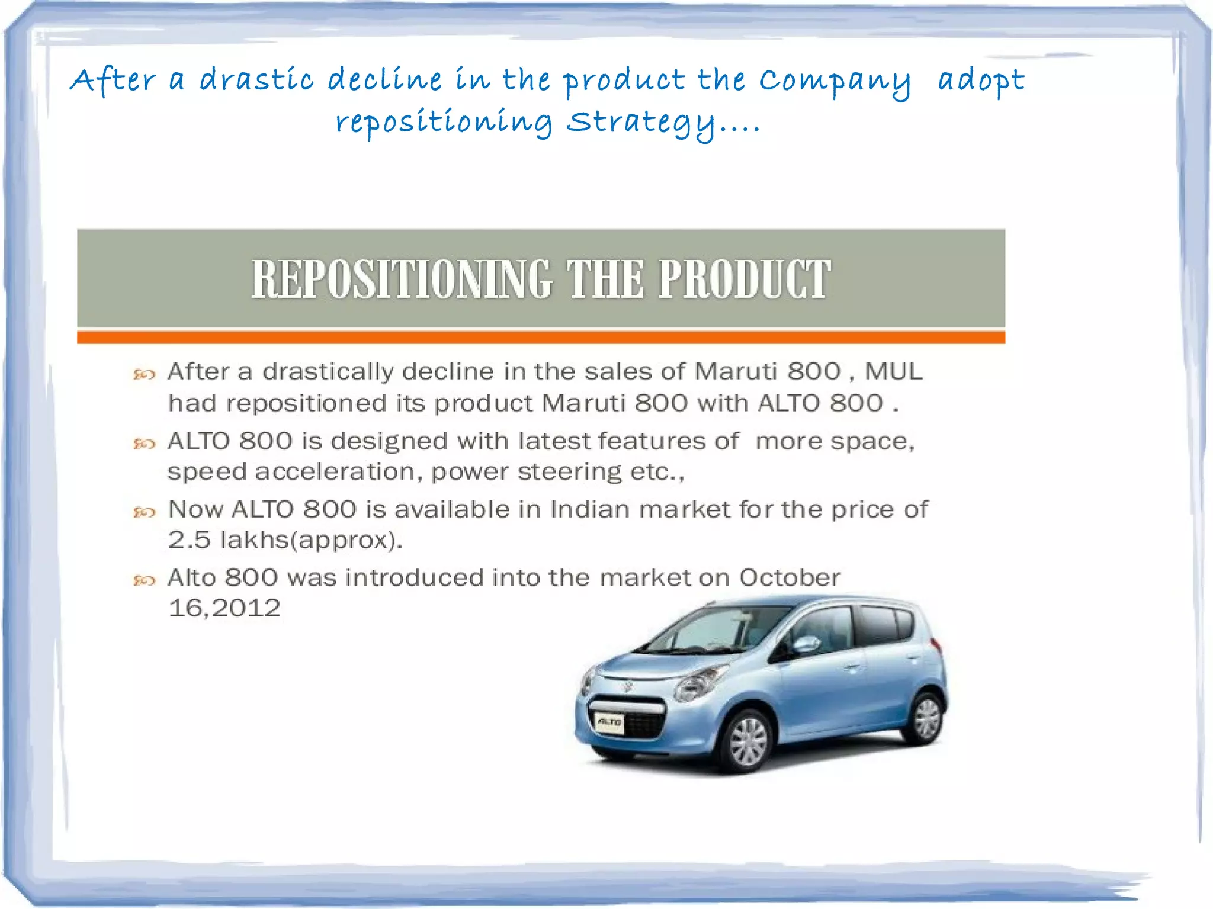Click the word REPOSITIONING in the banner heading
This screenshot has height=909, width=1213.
[x=402, y=279]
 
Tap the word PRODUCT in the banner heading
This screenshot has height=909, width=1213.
[x=745, y=279]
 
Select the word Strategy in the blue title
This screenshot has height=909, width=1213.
[x=640, y=124]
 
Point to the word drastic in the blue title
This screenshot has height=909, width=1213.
[x=256, y=80]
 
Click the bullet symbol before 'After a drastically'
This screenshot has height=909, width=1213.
[x=144, y=374]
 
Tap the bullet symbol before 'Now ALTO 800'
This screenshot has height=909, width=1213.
[x=144, y=512]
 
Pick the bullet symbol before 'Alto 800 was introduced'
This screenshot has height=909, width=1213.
[x=144, y=580]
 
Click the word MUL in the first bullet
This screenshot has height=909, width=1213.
[x=893, y=372]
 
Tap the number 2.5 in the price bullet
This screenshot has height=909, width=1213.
[x=189, y=540]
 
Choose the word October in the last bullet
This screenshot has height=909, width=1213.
[x=790, y=578]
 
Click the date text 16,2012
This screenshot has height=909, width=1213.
[x=224, y=609]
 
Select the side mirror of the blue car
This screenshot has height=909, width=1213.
[x=806, y=644]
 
